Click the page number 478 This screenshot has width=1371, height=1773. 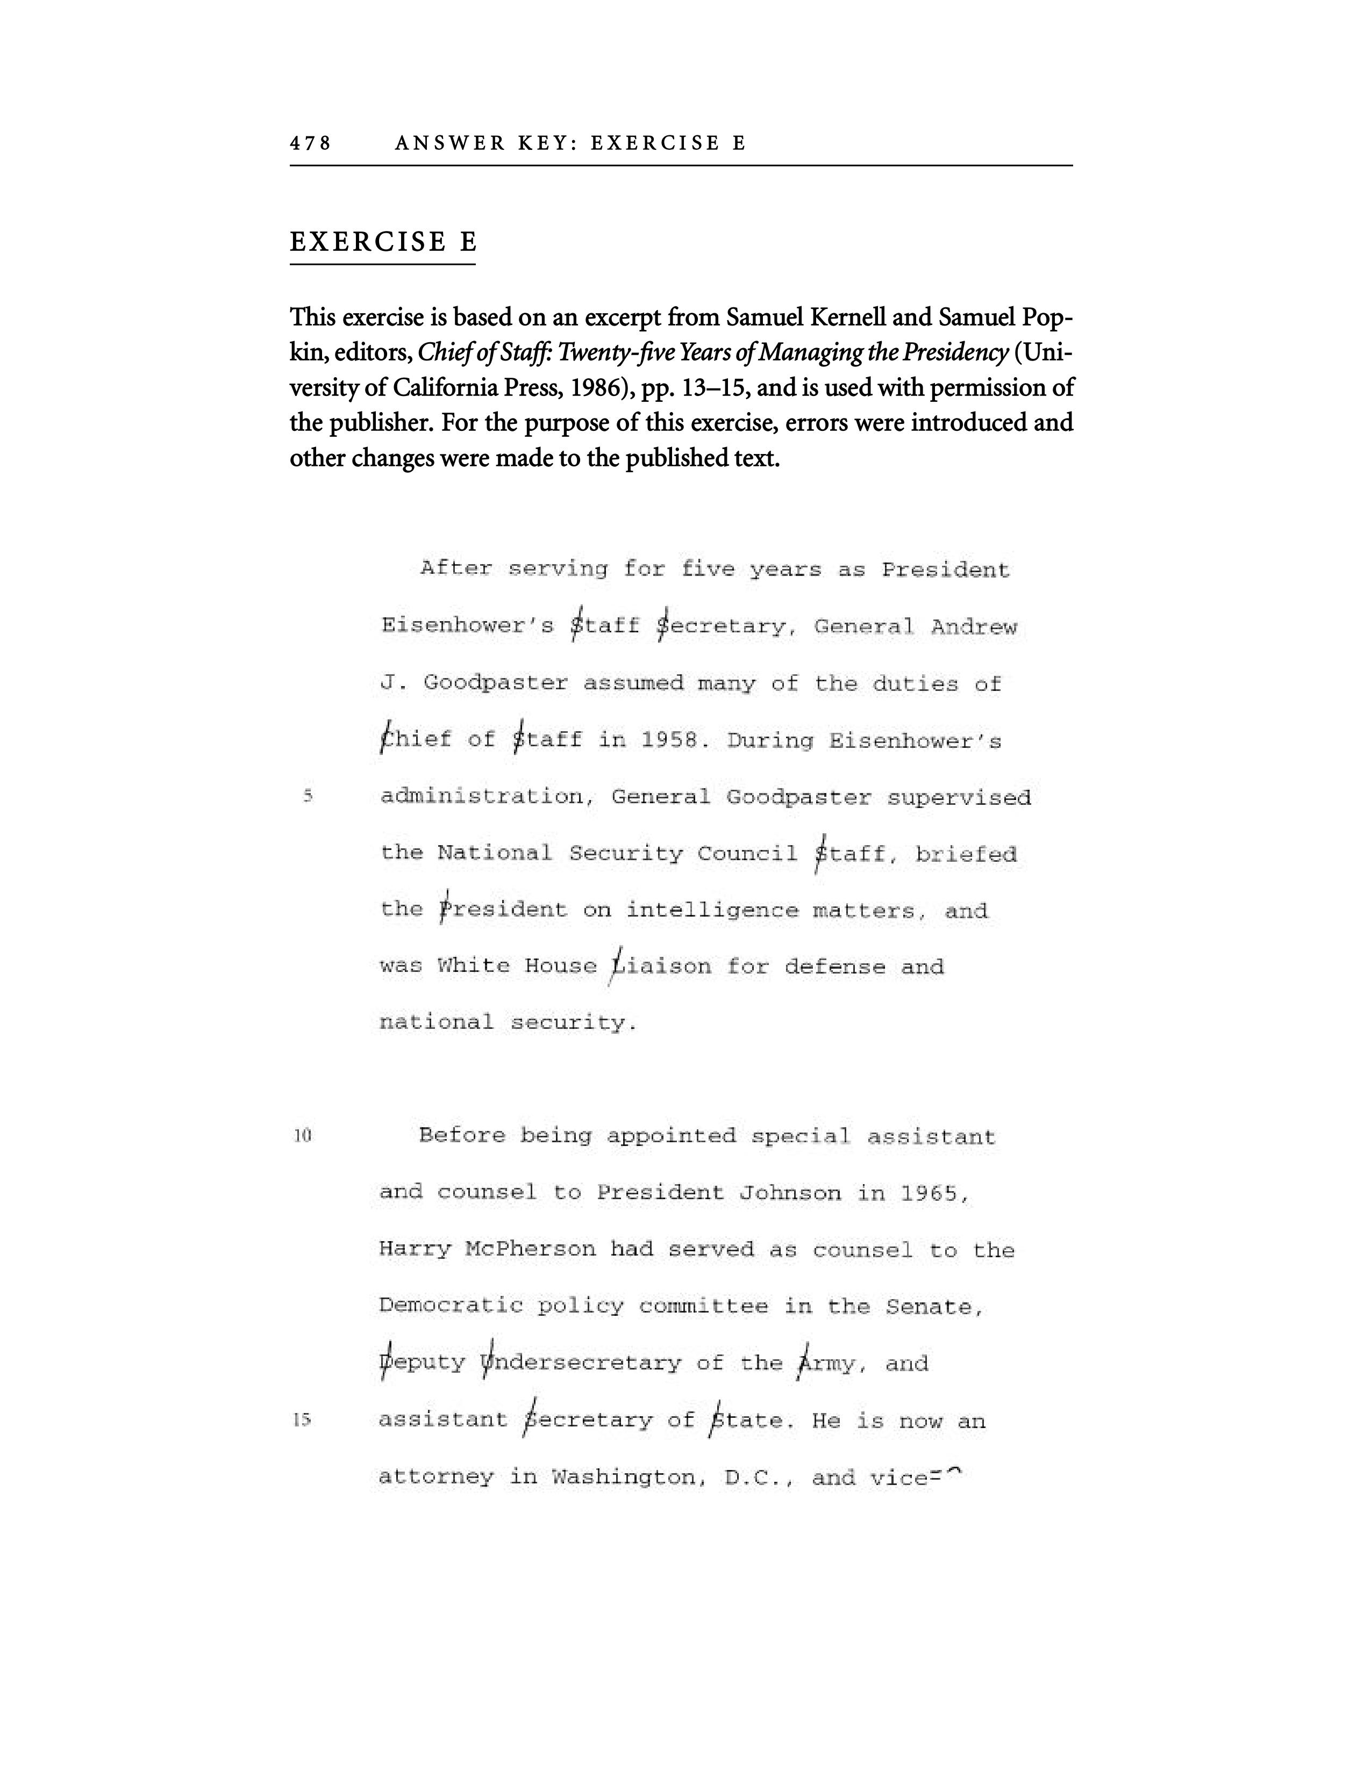pos(310,143)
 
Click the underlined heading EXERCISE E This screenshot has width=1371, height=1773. pos(383,242)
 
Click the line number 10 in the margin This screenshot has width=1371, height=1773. pos(302,1136)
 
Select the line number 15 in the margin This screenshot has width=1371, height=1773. pos(302,1420)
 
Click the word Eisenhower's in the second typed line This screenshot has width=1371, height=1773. pos(467,626)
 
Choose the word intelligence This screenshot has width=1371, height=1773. pos(712,911)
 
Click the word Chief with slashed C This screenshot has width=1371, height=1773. pos(416,740)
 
